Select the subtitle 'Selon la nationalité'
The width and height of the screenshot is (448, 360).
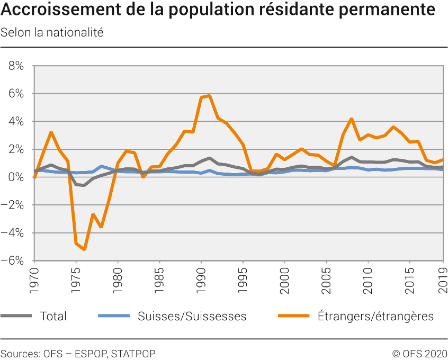[x=52, y=32]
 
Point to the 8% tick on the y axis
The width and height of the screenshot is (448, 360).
[x=16, y=66]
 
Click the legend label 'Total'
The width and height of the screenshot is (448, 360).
[x=53, y=317]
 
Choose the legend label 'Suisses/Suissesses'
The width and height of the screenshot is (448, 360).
[x=192, y=317]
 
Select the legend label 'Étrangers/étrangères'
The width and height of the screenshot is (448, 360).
[x=375, y=317]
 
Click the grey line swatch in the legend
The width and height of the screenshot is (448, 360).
[x=16, y=316]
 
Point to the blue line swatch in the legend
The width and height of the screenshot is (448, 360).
[x=114, y=316]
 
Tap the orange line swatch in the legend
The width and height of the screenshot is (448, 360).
[x=294, y=316]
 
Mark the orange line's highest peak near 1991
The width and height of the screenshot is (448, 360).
[x=210, y=96]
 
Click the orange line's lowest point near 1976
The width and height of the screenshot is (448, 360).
[x=85, y=249]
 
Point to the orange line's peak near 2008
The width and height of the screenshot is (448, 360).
[x=351, y=119]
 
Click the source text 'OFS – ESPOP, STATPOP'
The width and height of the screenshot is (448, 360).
[x=99, y=353]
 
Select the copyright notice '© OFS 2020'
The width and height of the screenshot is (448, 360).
[x=419, y=353]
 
